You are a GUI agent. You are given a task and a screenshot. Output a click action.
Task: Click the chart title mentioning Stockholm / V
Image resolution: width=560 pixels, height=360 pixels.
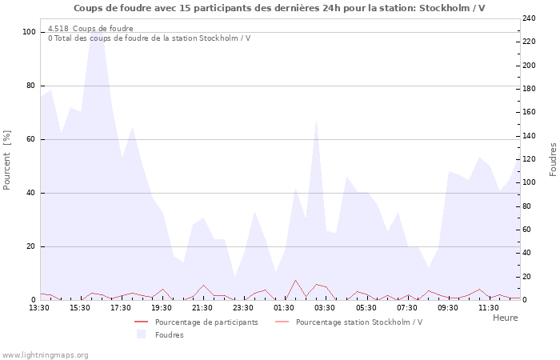tap(279, 8)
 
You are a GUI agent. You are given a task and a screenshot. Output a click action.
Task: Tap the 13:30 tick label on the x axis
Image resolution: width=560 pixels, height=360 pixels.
tap(39, 307)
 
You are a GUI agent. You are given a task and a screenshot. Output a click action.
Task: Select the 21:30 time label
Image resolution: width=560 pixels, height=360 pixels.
tap(203, 307)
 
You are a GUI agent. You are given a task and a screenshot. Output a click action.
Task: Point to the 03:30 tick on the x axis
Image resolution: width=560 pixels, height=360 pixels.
tap(326, 307)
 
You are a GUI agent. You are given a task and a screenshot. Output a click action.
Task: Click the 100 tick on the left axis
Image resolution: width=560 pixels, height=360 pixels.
tap(30, 32)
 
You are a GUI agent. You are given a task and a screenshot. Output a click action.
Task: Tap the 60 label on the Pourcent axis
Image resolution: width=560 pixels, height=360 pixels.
tap(31, 139)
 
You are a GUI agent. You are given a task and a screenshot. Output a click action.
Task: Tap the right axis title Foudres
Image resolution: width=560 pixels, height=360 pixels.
tap(553, 159)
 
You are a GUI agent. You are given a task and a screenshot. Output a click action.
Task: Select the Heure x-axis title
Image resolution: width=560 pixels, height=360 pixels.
tap(505, 318)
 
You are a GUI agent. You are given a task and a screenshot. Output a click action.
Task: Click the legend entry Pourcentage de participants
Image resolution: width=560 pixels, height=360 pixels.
tap(206, 322)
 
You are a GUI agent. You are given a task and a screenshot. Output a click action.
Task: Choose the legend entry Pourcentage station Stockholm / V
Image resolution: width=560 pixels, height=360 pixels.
tap(359, 322)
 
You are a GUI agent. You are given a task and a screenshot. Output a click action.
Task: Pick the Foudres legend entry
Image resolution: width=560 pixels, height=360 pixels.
tap(170, 334)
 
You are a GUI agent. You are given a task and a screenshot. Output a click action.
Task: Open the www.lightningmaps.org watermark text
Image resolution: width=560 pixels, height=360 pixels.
tap(45, 354)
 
